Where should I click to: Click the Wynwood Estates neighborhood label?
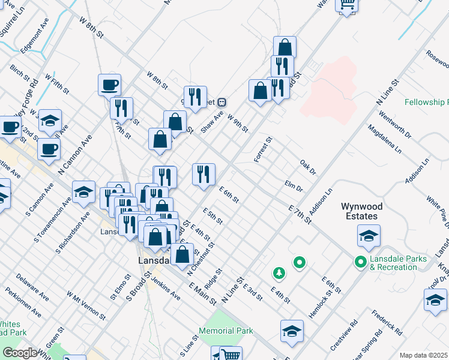click(x=360, y=211)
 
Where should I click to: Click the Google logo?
click(x=20, y=353)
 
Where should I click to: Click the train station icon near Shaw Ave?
click(x=221, y=101)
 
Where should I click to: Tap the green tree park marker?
click(x=279, y=274)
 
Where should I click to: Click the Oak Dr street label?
click(x=308, y=167)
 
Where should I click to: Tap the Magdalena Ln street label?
click(x=384, y=140)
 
